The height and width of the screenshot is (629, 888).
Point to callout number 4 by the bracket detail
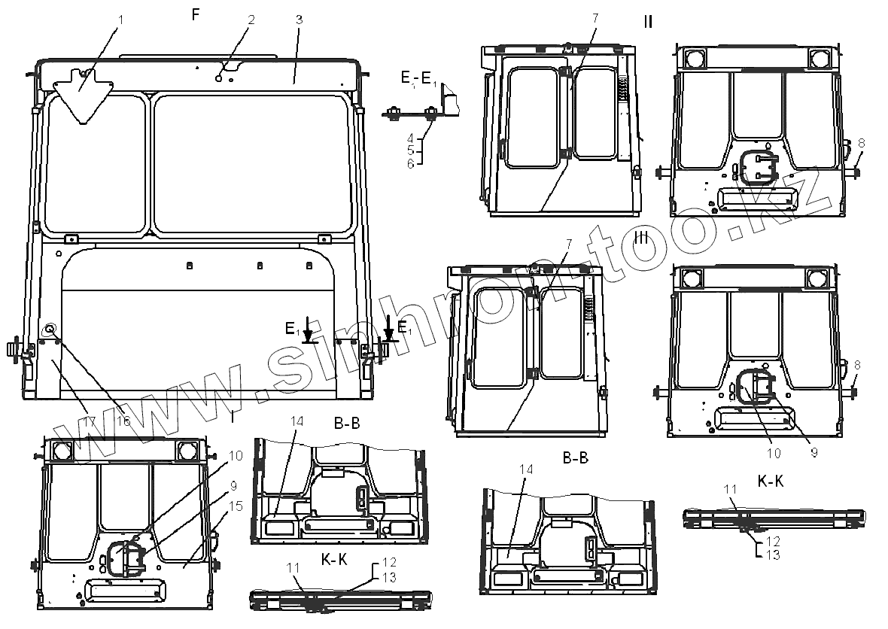coord(410,138)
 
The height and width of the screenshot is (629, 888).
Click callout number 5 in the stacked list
coord(410,150)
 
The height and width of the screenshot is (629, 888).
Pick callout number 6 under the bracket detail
coord(410,163)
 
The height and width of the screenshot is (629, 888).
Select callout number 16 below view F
coord(123,421)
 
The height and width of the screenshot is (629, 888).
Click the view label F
coord(195,16)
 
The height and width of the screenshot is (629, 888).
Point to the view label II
coord(648,21)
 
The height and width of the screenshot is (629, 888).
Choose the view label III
coord(642,238)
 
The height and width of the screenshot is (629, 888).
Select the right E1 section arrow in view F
coord(388,329)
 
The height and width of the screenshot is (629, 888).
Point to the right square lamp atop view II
coord(820,57)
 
